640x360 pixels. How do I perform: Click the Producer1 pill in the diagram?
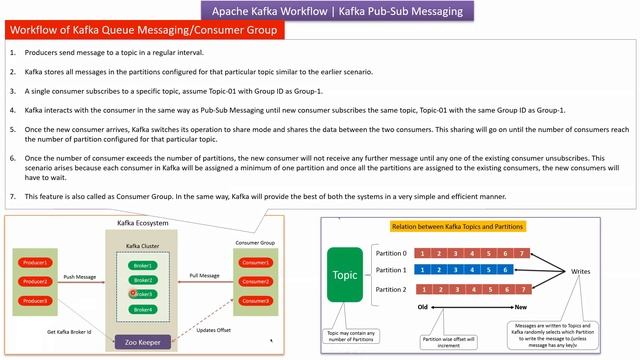coord(34,262)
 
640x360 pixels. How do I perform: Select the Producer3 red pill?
coord(34,300)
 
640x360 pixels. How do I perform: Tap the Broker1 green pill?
coord(141,265)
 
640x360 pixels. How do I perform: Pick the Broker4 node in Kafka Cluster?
coord(141,309)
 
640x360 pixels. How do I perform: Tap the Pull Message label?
coord(204,273)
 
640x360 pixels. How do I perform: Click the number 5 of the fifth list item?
coord(13,129)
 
